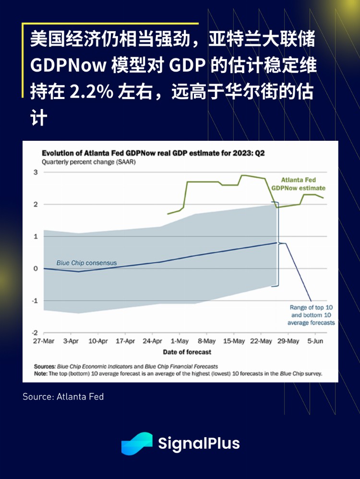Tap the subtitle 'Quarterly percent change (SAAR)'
[89, 162]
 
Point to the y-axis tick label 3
[35, 172]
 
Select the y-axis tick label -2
[34, 332]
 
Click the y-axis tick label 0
[35, 269]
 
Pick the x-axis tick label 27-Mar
[44, 342]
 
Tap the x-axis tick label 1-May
[179, 342]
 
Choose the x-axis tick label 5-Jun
[314, 342]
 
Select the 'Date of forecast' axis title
[187, 352]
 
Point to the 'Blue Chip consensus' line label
[86, 263]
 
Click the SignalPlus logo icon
[137, 443]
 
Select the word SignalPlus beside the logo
[199, 443]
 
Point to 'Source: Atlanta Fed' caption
[63, 396]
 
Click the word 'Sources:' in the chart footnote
[45, 366]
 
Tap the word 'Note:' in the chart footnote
[41, 373]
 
